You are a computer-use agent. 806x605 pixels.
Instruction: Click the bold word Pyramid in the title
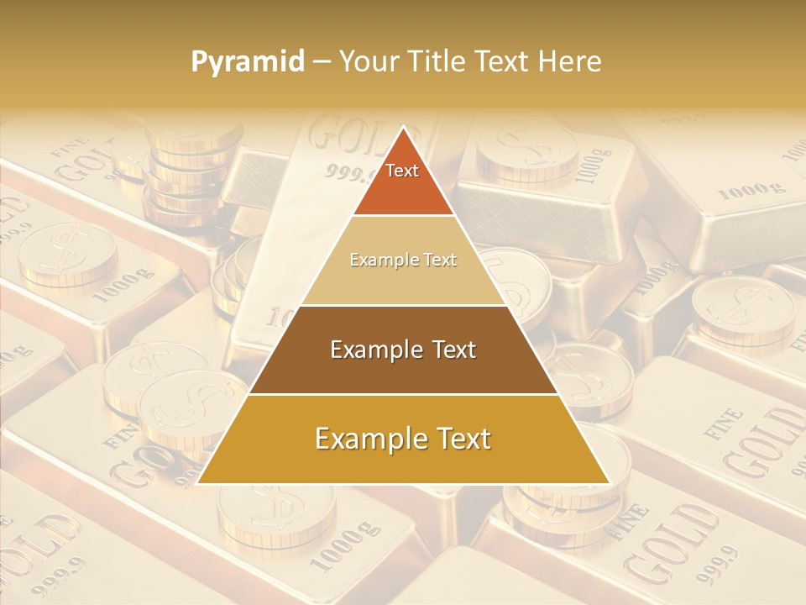click(248, 62)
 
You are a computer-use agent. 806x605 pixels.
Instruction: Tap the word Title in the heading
click(440, 62)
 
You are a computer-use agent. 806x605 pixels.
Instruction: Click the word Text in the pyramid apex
click(402, 171)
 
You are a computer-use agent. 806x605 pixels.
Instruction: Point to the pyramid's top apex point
click(403, 127)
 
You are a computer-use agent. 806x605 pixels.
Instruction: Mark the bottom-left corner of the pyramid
click(198, 483)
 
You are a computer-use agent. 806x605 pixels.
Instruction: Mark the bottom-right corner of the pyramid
click(609, 483)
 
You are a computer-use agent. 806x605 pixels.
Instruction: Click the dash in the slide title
click(322, 62)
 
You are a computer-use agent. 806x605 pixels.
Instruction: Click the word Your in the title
click(367, 62)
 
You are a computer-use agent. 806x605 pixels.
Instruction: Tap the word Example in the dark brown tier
click(373, 350)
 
